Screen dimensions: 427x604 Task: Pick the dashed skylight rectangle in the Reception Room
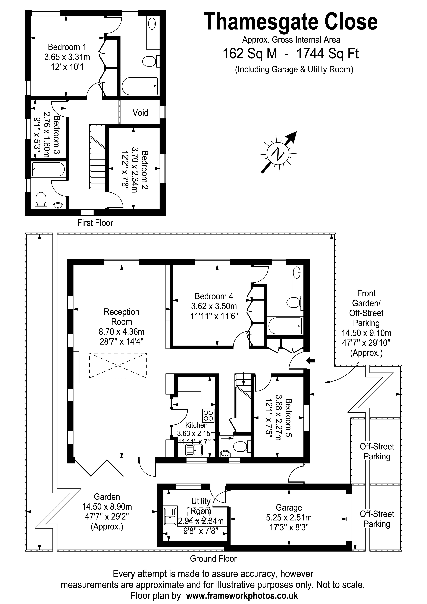coord(118,366)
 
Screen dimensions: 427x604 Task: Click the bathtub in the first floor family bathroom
coord(48,169)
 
